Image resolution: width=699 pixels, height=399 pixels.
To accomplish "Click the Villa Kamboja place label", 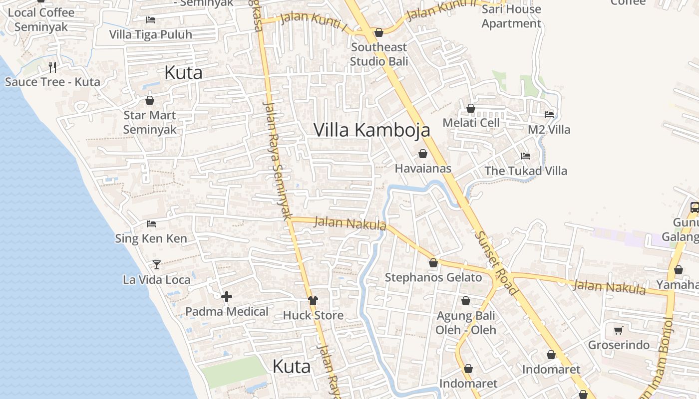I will pos(371,130).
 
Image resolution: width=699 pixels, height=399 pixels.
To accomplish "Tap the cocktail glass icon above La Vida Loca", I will pos(157,264).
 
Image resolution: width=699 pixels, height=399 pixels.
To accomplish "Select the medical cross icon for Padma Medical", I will pos(227,297).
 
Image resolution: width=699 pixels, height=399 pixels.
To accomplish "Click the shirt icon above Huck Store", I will pos(313,300).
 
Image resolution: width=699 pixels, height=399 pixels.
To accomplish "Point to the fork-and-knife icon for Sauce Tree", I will pos(52,67).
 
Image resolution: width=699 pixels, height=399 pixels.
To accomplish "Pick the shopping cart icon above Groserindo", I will pos(619,330).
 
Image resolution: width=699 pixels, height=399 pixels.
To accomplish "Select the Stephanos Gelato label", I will pos(433,277).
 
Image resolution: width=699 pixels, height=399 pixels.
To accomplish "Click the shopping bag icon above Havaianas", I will pos(423,154).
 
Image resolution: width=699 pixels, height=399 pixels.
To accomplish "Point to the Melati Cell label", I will pos(471,123).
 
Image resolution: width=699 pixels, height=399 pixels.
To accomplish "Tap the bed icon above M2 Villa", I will pos(549,115).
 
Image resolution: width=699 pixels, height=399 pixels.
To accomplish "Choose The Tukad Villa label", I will pos(526,171).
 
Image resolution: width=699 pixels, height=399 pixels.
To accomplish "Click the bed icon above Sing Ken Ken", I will pos(151,224).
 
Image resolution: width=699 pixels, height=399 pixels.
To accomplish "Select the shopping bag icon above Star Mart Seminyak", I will pos(150,100).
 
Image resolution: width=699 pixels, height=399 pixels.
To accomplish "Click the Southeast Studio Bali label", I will pos(379,54).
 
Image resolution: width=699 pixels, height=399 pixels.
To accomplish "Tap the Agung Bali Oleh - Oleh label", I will pos(466,323).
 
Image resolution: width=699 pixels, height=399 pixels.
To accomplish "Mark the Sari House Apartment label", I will pos(511,16).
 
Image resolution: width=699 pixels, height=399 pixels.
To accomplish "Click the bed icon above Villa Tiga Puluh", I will pos(151,20).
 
